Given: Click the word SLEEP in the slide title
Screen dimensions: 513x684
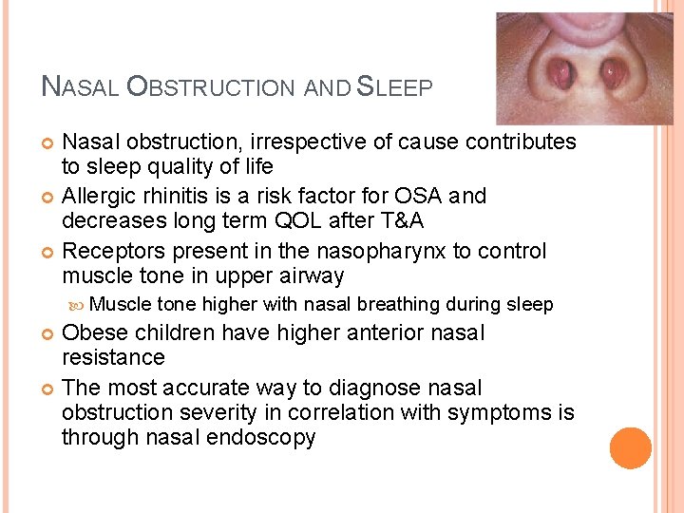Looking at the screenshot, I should (394, 87).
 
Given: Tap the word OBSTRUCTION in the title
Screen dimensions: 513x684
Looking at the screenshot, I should (212, 87).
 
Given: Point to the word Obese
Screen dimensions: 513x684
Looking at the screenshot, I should (93, 333).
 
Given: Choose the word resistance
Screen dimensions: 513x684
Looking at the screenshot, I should (113, 357).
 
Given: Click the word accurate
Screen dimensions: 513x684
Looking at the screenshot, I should (197, 388).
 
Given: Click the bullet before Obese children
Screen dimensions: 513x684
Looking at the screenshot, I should (48, 333).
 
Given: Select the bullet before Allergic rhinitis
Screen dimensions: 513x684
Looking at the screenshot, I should (48, 197).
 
